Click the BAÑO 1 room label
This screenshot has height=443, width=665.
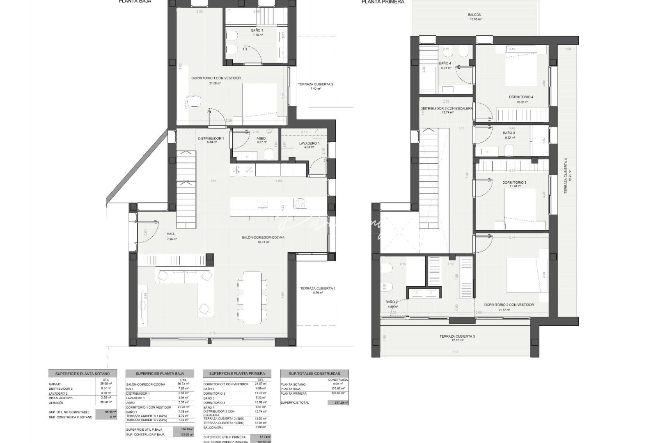[x=257, y=30]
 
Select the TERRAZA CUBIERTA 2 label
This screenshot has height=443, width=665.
[x=315, y=84]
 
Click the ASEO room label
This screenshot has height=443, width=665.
[x=261, y=138]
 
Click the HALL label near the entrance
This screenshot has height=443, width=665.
[x=171, y=234]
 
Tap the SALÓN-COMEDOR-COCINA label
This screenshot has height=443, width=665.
[x=263, y=237]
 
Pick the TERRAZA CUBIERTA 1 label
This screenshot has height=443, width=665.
[x=317, y=288]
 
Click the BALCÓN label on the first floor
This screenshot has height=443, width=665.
[x=475, y=15]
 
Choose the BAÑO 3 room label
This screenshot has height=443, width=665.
[x=509, y=133]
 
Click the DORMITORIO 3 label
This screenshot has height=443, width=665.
[x=514, y=183]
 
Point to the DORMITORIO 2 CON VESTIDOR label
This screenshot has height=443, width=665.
[x=509, y=305]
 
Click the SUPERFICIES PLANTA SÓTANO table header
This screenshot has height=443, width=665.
[x=82, y=374]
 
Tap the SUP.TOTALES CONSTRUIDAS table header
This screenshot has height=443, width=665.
[x=314, y=374]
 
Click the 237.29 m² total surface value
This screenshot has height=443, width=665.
[x=338, y=403]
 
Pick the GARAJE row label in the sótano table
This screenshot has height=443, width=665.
[x=55, y=384]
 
